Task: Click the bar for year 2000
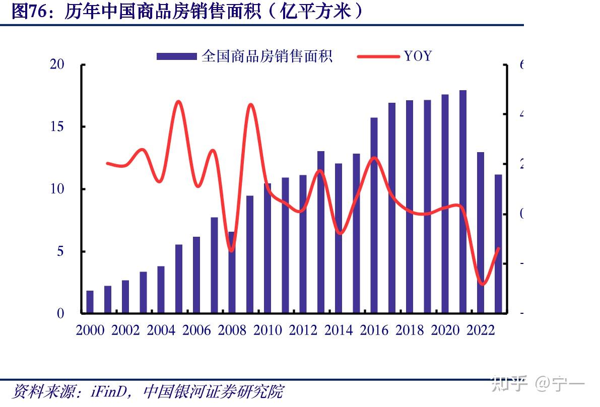[x=90, y=302]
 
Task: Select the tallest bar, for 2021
[x=463, y=201]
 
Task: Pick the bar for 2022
[x=481, y=232]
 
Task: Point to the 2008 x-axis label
[x=232, y=330]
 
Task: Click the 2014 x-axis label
[x=339, y=330]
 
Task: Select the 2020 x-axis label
[x=445, y=330]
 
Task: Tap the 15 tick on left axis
[x=57, y=126]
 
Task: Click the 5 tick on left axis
[x=60, y=251]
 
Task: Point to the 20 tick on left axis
[x=57, y=64]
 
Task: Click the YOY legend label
[x=418, y=56]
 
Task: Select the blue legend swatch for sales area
[x=176, y=56]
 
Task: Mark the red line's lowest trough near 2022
[x=482, y=284]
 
